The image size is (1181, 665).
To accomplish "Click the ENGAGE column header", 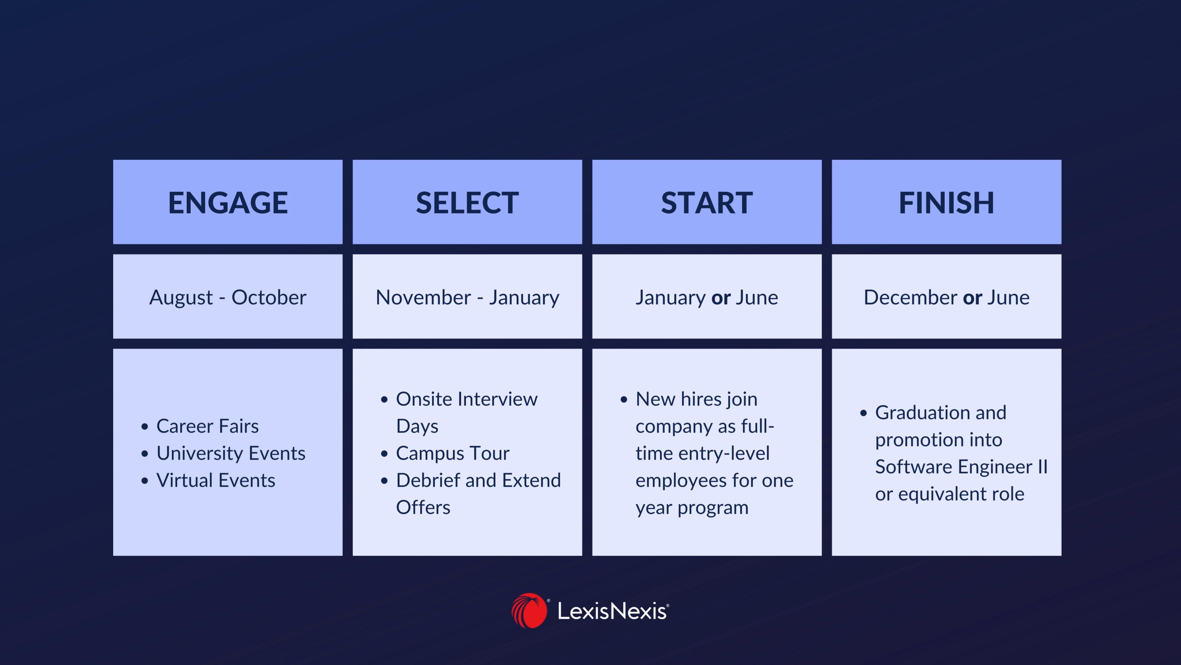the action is coord(228,202).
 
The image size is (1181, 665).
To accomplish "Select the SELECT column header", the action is coord(467,202).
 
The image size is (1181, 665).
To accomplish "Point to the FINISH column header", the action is coord(946,202).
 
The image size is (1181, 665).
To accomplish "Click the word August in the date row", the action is coord(181,298).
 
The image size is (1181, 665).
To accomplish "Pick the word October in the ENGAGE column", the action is coord(269,297).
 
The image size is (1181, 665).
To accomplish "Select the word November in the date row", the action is coord(423,297).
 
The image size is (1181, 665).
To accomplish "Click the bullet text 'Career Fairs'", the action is coord(207,426).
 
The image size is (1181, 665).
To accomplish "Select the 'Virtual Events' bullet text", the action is coord(216,480).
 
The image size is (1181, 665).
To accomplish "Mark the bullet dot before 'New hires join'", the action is coord(623,400).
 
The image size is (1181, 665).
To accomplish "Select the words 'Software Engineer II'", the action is coord(961,467).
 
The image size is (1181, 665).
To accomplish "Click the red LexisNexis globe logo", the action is coord(529,611).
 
